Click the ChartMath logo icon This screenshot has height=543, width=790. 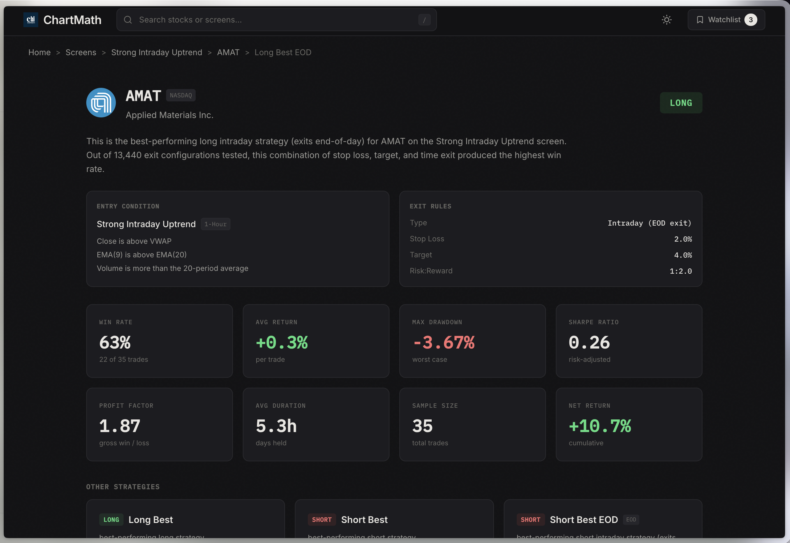(x=31, y=20)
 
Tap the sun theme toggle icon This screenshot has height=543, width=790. (x=666, y=20)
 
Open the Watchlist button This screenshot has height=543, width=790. (x=726, y=20)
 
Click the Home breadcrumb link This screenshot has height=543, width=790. (x=39, y=52)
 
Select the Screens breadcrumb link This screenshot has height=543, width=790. (x=81, y=52)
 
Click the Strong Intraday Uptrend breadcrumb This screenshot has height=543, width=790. (x=157, y=52)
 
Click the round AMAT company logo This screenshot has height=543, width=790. (x=101, y=103)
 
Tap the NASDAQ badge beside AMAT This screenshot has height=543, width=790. (x=181, y=95)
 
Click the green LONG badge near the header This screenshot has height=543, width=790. (x=681, y=103)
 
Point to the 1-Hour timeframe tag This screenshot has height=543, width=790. (x=215, y=224)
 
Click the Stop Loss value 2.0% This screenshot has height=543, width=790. (x=682, y=239)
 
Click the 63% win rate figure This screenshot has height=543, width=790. (x=115, y=342)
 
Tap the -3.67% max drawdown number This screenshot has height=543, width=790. (x=443, y=342)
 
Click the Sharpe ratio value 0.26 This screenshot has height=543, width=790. (x=589, y=342)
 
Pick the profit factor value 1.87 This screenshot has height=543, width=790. (x=120, y=426)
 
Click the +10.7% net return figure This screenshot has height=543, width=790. (x=600, y=426)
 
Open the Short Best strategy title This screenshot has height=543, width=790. (x=364, y=520)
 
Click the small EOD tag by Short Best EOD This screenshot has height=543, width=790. (x=631, y=520)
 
